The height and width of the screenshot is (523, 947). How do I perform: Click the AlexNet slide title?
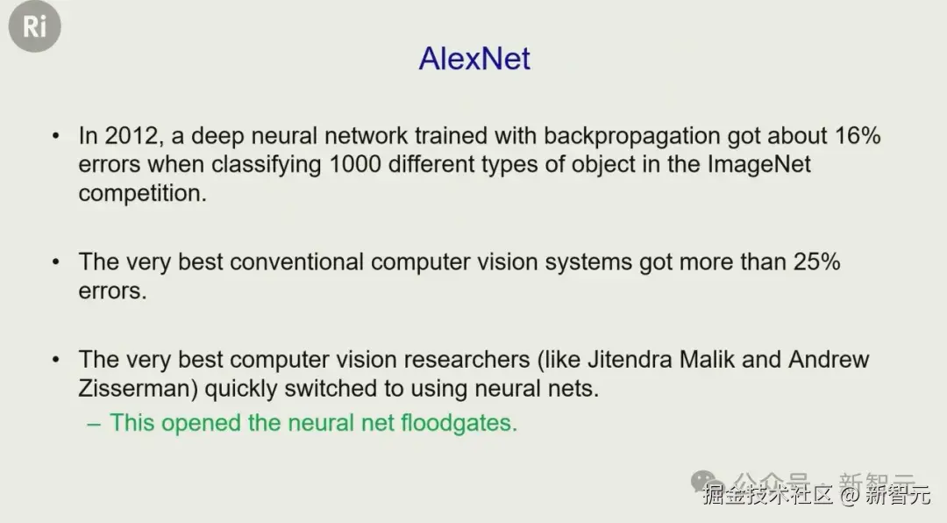tap(474, 59)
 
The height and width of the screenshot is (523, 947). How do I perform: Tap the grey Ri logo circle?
tap(34, 26)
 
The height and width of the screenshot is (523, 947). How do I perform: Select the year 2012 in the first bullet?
tap(132, 136)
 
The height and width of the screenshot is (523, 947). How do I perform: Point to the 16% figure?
tap(858, 135)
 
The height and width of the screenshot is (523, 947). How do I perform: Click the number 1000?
tap(355, 164)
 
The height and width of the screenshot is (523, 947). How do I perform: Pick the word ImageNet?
tap(759, 164)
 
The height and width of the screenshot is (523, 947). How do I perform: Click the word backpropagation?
tap(631, 136)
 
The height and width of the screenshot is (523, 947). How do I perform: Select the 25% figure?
tap(816, 261)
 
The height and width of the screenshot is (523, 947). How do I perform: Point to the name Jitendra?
tap(630, 360)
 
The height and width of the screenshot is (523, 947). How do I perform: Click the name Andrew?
tap(829, 360)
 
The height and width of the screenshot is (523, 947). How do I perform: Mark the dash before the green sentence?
tap(94, 424)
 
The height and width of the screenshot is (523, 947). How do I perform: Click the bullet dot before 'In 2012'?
tap(55, 136)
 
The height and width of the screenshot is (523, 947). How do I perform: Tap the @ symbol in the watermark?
tap(850, 495)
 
